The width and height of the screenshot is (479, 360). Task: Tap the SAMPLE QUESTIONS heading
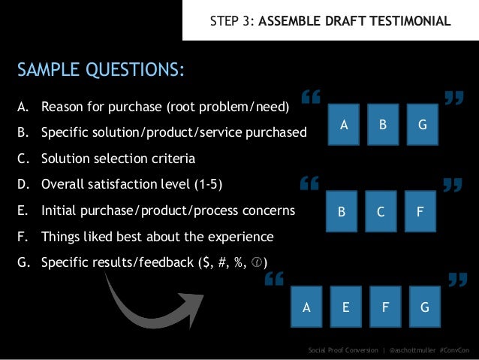pos(101,71)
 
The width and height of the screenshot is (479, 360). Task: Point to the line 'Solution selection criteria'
pos(118,159)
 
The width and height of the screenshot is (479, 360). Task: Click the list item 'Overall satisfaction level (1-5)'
pos(131,185)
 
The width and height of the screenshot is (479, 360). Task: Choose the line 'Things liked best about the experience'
pos(157,237)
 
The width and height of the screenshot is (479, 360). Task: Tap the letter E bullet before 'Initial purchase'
pos(23,211)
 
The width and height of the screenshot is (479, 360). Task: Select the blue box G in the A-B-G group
pos(423,126)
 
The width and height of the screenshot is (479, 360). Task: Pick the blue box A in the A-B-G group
pos(344,126)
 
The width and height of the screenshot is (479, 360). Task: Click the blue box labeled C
pos(381,212)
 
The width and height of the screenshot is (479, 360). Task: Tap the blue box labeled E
pos(345,307)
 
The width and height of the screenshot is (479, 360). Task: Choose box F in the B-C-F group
pos(420,212)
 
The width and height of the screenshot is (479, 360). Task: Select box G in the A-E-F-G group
pos(425,307)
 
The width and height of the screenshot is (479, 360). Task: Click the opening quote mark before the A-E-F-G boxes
pos(274,281)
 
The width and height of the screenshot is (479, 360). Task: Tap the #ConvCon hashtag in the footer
pos(455,350)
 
